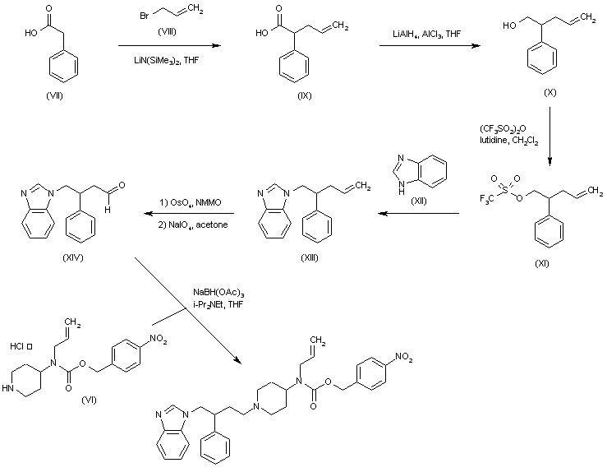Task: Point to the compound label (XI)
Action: [541, 263]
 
